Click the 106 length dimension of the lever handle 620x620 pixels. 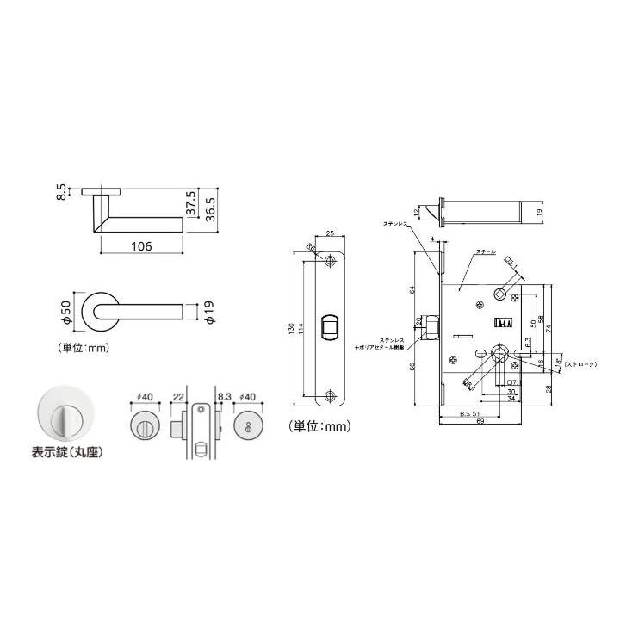click(x=141, y=246)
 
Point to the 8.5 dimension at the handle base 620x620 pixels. click(x=62, y=191)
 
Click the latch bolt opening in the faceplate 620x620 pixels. click(x=329, y=327)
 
